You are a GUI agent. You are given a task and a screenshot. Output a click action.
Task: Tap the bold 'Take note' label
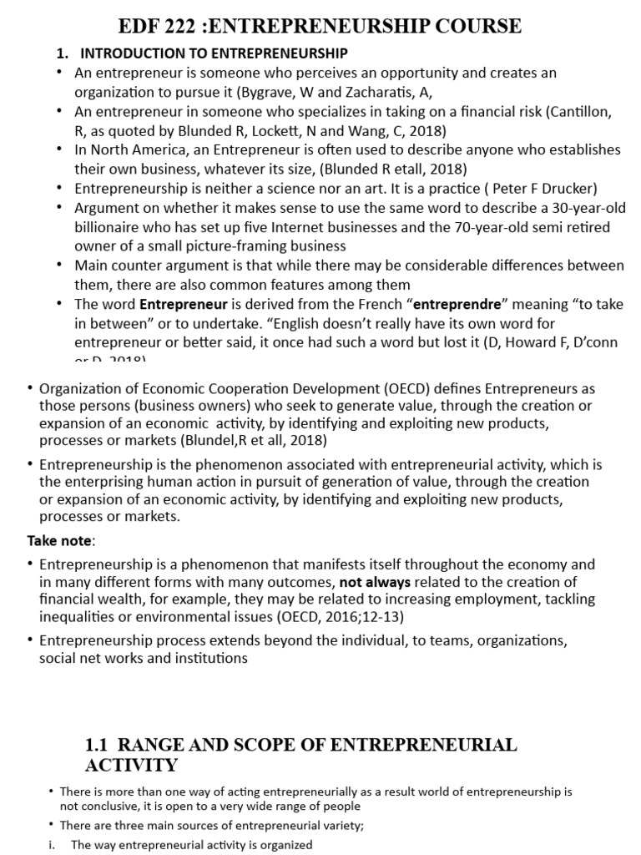pyautogui.click(x=60, y=539)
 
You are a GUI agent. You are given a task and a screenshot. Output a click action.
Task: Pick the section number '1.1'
pyautogui.click(x=99, y=744)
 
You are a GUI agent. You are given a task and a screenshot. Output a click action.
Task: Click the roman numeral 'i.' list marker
pyautogui.click(x=53, y=844)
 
